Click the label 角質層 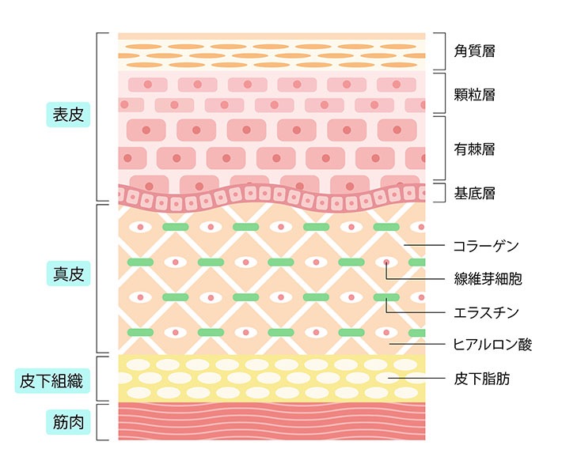[x=474, y=51]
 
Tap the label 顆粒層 [x=474, y=95]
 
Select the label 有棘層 [x=474, y=149]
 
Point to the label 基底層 [x=474, y=194]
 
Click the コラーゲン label [x=486, y=246]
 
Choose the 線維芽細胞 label [x=488, y=278]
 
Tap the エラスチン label [x=486, y=312]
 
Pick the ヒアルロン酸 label [x=492, y=345]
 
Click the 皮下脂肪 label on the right [x=481, y=379]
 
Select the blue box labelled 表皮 [x=68, y=115]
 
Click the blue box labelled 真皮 [x=68, y=274]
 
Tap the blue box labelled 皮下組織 [x=52, y=380]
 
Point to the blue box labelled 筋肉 [x=68, y=422]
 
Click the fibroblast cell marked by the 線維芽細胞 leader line [x=386, y=262]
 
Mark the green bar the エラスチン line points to [x=386, y=297]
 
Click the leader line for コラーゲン [x=424, y=245]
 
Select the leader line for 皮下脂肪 [x=416, y=378]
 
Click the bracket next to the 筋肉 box [x=97, y=422]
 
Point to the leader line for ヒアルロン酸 [x=417, y=344]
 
